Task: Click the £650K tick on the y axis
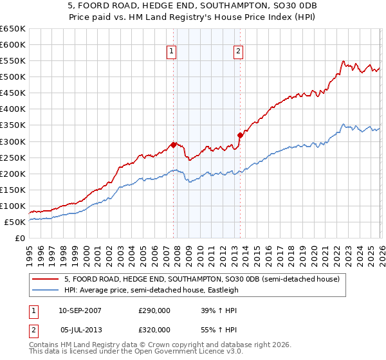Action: (x=13, y=29)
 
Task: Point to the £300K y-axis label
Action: (x=13, y=141)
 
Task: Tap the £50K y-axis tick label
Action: (x=15, y=222)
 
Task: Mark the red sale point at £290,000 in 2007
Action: (x=173, y=145)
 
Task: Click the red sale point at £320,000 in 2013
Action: (x=240, y=135)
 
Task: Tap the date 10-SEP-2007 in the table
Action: (x=80, y=310)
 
